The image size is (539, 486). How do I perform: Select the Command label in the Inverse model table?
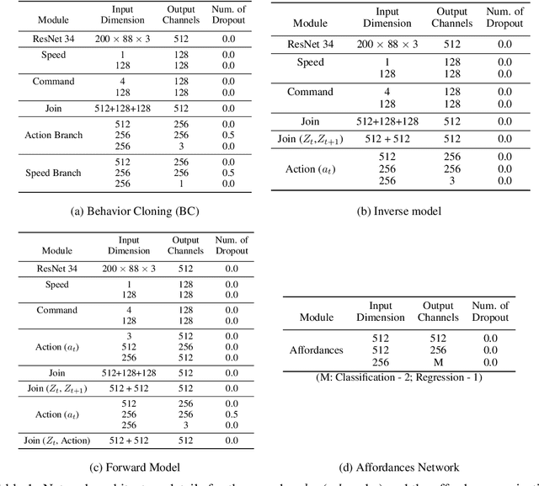tap(310, 92)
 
